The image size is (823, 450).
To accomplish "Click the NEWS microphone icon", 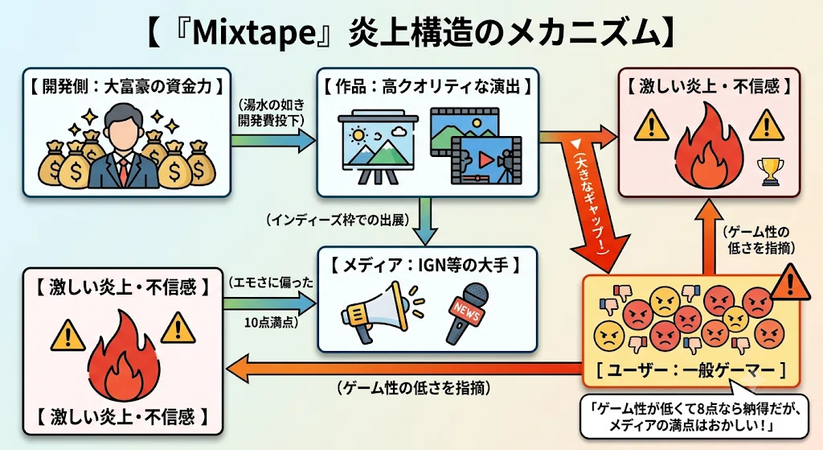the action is (x=465, y=312).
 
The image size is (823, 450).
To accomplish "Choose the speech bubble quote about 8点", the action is (x=694, y=416).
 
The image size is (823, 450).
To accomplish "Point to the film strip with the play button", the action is (x=485, y=159).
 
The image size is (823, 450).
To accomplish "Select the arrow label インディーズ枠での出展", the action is (x=338, y=220).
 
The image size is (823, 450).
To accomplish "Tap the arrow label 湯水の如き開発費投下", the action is (x=271, y=112).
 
